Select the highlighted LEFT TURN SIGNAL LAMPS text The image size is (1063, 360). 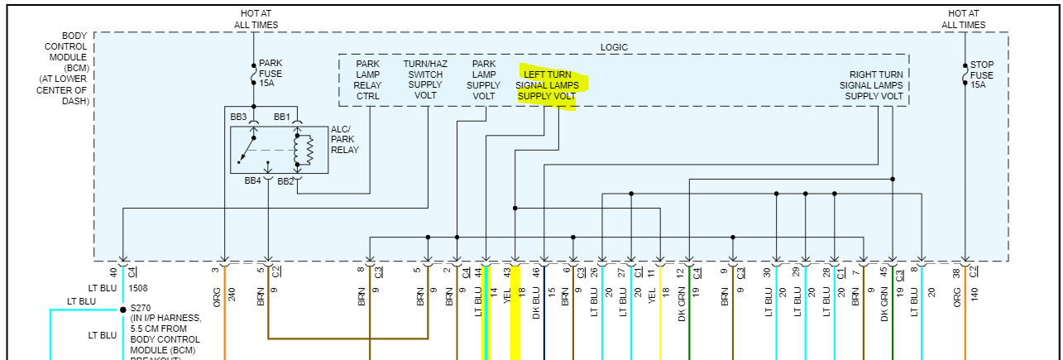coord(548,85)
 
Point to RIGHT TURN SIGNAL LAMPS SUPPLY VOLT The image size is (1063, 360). coord(872,85)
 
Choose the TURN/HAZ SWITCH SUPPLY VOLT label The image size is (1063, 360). coord(425,79)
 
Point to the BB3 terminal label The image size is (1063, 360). coord(238,117)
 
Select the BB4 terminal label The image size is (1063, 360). coord(252,180)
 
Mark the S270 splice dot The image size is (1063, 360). coord(122,310)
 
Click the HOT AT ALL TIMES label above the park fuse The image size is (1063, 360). coord(254,19)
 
